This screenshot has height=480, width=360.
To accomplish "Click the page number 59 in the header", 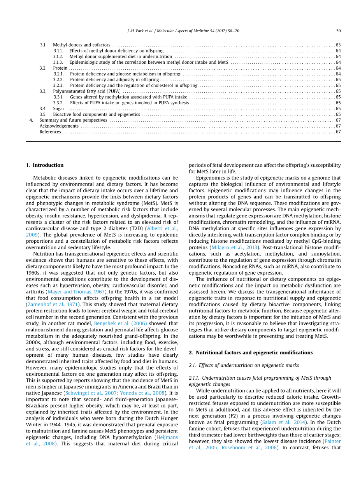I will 338,31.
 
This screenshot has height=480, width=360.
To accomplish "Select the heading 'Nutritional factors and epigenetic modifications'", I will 254,352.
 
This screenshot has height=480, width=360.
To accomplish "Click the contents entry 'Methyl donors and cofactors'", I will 81,45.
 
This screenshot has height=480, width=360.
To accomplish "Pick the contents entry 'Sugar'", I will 59,109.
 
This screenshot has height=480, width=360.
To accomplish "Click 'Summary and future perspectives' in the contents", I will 73,120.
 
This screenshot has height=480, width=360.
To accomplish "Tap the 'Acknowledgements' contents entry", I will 59,126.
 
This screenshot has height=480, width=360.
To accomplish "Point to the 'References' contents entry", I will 50,132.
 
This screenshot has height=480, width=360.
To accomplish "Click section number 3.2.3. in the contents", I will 58,85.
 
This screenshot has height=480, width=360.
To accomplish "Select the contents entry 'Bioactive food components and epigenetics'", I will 97,114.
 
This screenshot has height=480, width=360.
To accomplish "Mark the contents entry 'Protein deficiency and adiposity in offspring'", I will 114,79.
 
